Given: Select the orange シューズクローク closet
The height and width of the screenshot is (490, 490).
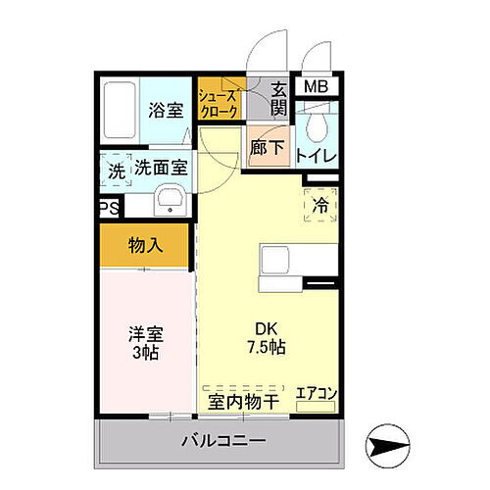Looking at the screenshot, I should pos(219,102).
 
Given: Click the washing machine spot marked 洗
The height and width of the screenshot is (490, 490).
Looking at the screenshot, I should pos(117,169).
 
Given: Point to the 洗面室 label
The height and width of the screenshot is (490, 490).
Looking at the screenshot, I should pos(160,168).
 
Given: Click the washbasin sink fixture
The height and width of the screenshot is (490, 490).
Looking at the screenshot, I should pos(170,205).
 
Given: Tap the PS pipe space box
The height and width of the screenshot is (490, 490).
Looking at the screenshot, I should pos(108,208).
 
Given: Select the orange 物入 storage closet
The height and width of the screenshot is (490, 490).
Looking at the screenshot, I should pos(145,245).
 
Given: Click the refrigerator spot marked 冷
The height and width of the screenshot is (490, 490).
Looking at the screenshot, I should pos(320,205).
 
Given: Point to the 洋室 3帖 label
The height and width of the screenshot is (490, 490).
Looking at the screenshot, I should pos(145,342).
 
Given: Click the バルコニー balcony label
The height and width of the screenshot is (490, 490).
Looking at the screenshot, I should pos(222,441).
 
